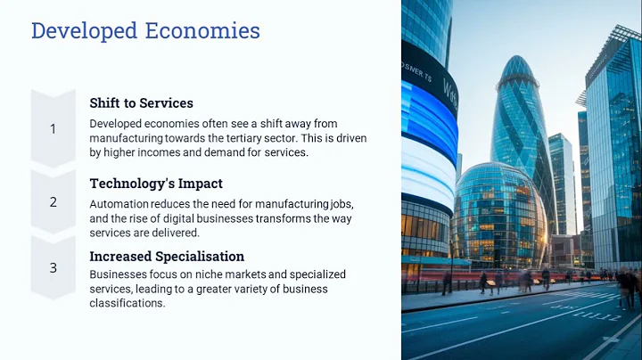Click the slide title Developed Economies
[x=145, y=31]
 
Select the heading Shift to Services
[x=141, y=103]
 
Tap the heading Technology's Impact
[x=155, y=184]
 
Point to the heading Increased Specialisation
[x=167, y=257]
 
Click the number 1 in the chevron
[x=53, y=129]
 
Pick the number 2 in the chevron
[x=53, y=202]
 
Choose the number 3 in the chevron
[x=53, y=266]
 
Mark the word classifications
[x=128, y=303]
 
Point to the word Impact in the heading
[x=198, y=184]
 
